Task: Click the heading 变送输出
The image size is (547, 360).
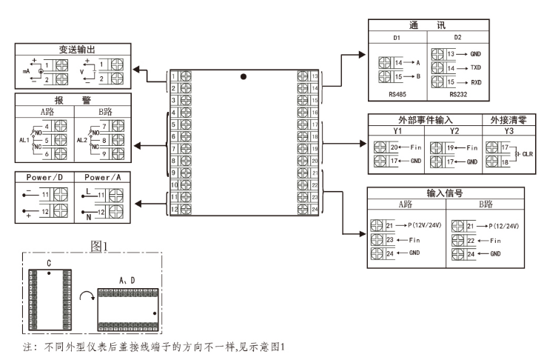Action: point(73,49)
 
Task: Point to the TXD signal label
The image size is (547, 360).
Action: point(476,68)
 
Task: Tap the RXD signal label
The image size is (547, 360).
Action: point(476,82)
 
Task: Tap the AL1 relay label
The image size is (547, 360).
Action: point(22,139)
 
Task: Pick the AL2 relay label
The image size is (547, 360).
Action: point(82,139)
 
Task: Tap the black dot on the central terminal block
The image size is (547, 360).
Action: point(242,76)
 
